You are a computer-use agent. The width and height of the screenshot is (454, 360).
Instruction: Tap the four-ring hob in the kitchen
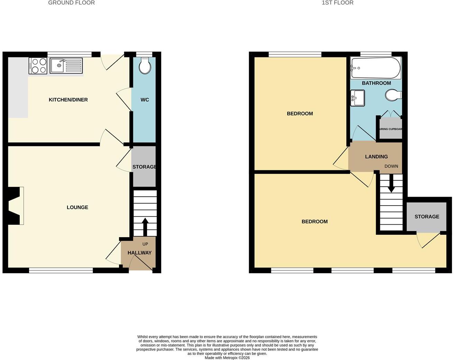click(38, 66)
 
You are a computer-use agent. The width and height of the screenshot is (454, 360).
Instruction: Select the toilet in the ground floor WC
click(145, 65)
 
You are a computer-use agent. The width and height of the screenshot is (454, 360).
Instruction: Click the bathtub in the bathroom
click(376, 68)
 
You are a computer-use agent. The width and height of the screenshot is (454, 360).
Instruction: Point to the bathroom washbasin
click(357, 98)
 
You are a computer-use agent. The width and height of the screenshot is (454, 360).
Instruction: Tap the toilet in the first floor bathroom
click(393, 96)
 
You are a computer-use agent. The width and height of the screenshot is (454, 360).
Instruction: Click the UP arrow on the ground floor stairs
click(145, 227)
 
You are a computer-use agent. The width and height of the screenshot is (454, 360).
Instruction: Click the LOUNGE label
click(78, 207)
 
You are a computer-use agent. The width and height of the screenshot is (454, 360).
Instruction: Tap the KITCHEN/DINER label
click(68, 100)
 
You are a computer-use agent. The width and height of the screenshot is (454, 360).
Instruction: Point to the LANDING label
click(376, 156)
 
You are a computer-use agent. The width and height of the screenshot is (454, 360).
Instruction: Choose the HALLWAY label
click(139, 253)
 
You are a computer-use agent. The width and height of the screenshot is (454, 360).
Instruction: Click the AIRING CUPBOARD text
click(390, 129)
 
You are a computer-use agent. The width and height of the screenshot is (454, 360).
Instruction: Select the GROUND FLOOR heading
click(71, 3)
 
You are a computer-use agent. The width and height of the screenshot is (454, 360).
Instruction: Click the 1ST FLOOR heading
click(337, 3)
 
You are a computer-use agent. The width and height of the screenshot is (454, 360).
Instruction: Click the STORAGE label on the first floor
click(427, 216)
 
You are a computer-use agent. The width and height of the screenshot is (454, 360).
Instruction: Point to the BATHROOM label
click(376, 83)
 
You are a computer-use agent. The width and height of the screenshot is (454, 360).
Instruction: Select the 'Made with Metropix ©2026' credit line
click(227, 358)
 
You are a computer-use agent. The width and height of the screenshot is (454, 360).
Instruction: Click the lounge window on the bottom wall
click(61, 270)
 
